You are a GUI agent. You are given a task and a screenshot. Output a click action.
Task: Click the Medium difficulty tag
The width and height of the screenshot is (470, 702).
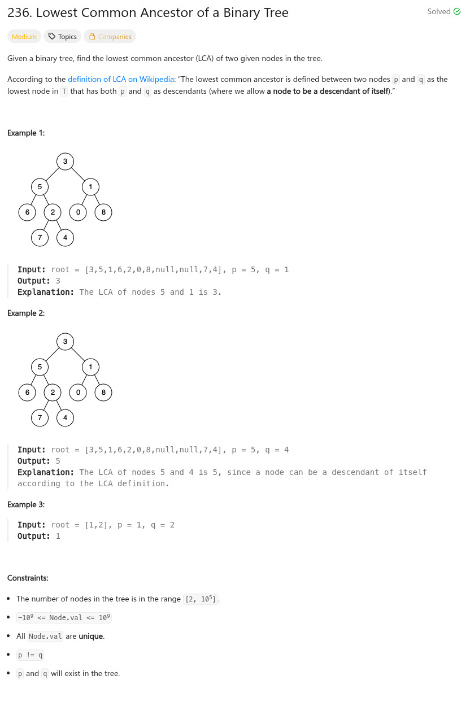click(24, 37)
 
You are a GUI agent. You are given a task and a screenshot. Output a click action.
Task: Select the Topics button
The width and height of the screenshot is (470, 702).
click(62, 37)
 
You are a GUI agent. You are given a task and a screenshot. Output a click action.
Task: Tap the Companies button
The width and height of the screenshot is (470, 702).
click(110, 37)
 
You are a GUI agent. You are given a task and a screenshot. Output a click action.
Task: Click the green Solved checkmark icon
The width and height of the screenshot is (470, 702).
click(457, 12)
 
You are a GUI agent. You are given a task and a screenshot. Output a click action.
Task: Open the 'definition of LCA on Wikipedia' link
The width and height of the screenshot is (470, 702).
click(121, 80)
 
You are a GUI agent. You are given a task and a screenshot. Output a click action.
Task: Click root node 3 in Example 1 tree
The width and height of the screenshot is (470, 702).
click(65, 162)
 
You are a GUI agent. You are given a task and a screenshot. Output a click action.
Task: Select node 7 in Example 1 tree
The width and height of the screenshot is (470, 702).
click(40, 238)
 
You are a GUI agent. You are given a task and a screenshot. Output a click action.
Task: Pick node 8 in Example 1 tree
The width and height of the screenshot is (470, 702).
click(103, 212)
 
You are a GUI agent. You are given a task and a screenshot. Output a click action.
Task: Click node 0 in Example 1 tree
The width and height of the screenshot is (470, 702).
click(78, 212)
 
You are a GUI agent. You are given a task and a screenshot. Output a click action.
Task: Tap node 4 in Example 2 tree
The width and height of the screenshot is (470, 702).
click(65, 418)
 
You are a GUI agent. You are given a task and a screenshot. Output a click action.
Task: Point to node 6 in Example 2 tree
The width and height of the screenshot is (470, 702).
click(27, 393)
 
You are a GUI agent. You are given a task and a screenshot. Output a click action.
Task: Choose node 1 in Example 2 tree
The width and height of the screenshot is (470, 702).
click(90, 367)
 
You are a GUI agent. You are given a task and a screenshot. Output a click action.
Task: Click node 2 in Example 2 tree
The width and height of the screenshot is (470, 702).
click(53, 393)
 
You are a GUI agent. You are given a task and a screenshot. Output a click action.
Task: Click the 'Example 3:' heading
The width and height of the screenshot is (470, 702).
click(26, 504)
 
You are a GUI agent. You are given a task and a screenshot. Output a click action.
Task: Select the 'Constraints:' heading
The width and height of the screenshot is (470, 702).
click(28, 578)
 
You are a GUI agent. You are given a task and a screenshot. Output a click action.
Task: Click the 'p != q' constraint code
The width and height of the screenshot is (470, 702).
click(31, 655)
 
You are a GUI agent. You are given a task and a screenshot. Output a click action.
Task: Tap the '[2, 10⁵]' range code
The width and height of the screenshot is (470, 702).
click(201, 599)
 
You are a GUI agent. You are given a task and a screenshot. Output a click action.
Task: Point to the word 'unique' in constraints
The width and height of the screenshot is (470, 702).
click(91, 636)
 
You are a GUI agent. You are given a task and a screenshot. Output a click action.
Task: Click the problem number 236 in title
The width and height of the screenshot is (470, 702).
click(19, 13)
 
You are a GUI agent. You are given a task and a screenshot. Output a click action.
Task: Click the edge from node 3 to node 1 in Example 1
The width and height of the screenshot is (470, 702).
click(78, 174)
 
